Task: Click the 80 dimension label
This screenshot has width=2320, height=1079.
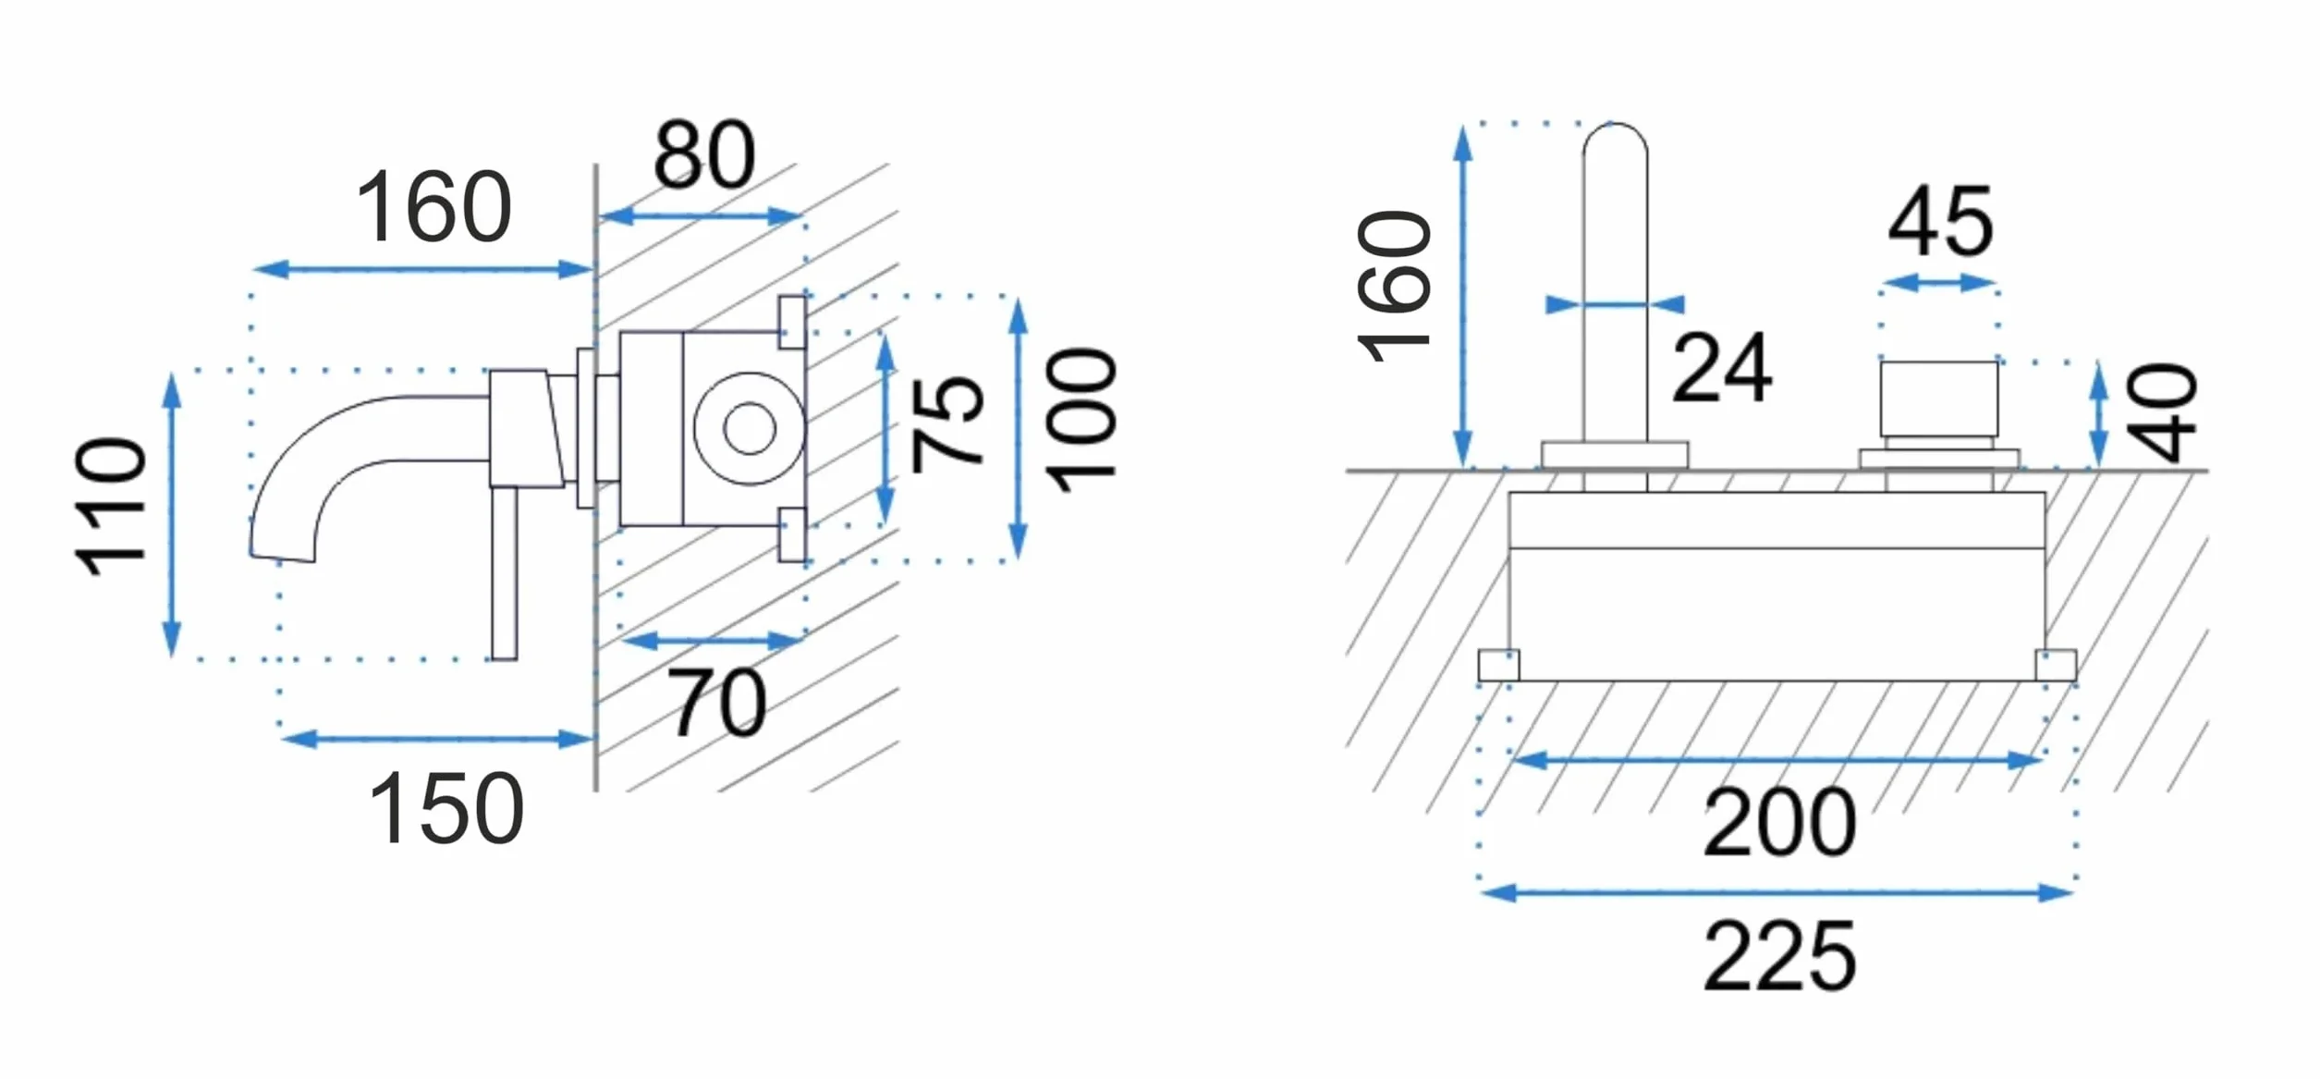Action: pyautogui.click(x=704, y=154)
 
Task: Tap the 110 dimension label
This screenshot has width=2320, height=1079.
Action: pyautogui.click(x=111, y=507)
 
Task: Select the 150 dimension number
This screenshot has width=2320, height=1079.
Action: pyautogui.click(x=446, y=809)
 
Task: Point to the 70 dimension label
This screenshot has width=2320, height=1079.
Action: pyautogui.click(x=716, y=704)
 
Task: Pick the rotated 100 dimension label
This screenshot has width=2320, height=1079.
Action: pyautogui.click(x=1081, y=420)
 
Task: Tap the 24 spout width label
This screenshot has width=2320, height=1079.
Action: pyautogui.click(x=1722, y=368)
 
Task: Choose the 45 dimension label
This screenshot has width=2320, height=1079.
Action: pyautogui.click(x=1940, y=221)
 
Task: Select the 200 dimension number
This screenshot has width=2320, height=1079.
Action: pyautogui.click(x=1779, y=822)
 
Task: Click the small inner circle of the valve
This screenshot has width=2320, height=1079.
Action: pyautogui.click(x=749, y=429)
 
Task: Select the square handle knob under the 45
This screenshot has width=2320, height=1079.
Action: pyautogui.click(x=1939, y=398)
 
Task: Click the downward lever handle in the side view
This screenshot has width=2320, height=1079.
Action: pyautogui.click(x=504, y=573)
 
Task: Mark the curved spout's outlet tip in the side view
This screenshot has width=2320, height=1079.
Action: pyautogui.click(x=282, y=557)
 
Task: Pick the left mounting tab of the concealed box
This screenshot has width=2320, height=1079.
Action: pyautogui.click(x=1498, y=666)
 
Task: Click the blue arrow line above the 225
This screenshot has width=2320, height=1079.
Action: pyautogui.click(x=1777, y=893)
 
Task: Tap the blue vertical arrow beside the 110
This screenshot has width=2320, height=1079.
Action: pyautogui.click(x=172, y=514)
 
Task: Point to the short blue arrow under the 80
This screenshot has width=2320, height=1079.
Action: pyautogui.click(x=701, y=217)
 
